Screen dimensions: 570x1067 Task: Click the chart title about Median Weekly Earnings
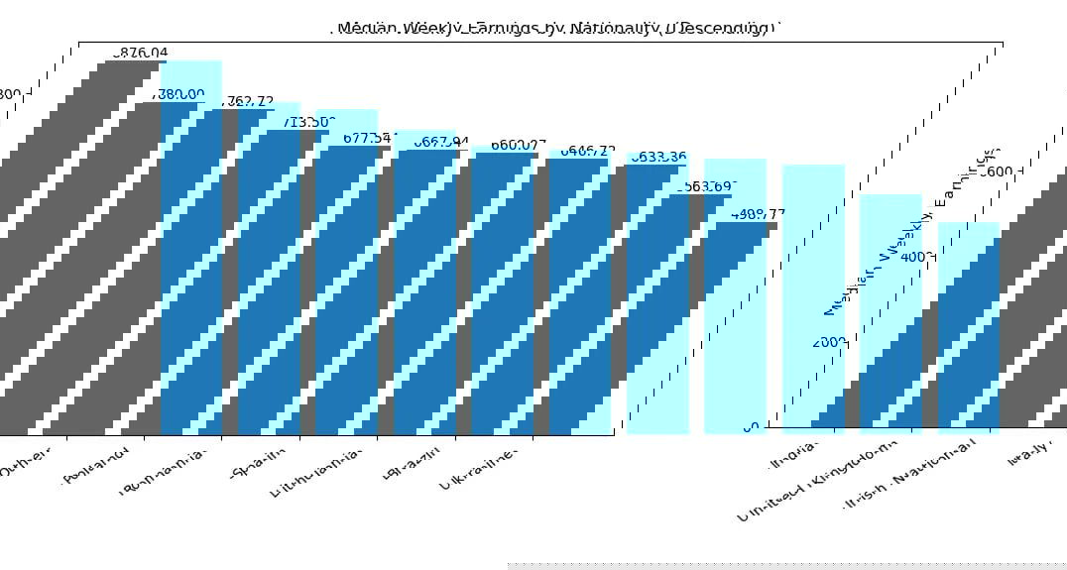tap(553, 29)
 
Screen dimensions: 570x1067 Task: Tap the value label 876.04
tap(143, 53)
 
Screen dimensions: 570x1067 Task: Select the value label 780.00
tap(181, 94)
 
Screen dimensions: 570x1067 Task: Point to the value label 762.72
tap(249, 102)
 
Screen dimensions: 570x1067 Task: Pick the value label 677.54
tap(370, 138)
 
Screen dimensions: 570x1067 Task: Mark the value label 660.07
tap(518, 145)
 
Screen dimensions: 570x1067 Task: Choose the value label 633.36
tap(658, 157)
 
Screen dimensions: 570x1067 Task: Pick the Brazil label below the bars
tap(411, 463)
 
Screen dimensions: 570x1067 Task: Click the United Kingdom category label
tap(819, 480)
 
